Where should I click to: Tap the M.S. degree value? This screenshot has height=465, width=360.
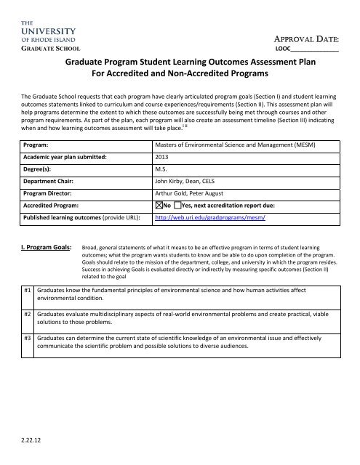pyautogui.click(x=163, y=169)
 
